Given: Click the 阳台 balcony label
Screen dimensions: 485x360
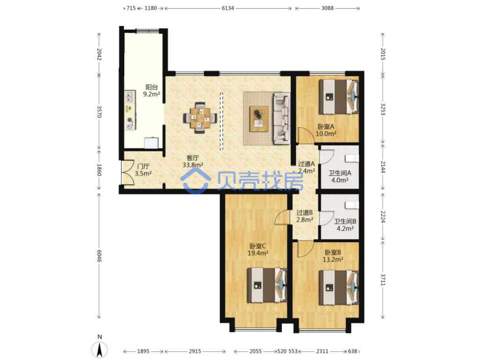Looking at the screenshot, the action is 152,87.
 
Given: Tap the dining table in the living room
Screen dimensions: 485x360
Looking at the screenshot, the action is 200,118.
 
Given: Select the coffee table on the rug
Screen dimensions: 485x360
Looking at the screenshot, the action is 259,119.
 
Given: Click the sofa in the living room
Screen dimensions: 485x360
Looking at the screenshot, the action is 282,118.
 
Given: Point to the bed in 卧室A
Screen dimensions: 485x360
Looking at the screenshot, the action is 339,97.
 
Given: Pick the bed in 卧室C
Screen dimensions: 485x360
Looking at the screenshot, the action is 267,285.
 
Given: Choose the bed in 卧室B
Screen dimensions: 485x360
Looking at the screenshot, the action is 339,288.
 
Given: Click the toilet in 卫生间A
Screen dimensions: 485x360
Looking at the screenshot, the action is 352,158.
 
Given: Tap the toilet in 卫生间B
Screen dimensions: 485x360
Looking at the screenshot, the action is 352,205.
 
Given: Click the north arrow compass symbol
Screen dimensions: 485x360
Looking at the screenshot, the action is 99,350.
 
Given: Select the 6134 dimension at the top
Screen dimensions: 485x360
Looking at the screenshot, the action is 228,8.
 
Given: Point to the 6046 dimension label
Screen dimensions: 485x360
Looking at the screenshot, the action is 99,256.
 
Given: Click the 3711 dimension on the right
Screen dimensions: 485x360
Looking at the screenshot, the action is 383,280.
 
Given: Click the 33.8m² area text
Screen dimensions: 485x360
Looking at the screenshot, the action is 193,165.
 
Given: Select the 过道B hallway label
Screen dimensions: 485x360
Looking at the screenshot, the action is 304,212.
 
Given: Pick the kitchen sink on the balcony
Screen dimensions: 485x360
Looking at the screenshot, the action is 130,97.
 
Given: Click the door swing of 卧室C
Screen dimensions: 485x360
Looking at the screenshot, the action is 282,217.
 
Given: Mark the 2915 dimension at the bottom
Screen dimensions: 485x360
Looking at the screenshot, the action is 195,351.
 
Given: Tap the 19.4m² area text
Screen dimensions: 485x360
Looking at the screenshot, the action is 258,253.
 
